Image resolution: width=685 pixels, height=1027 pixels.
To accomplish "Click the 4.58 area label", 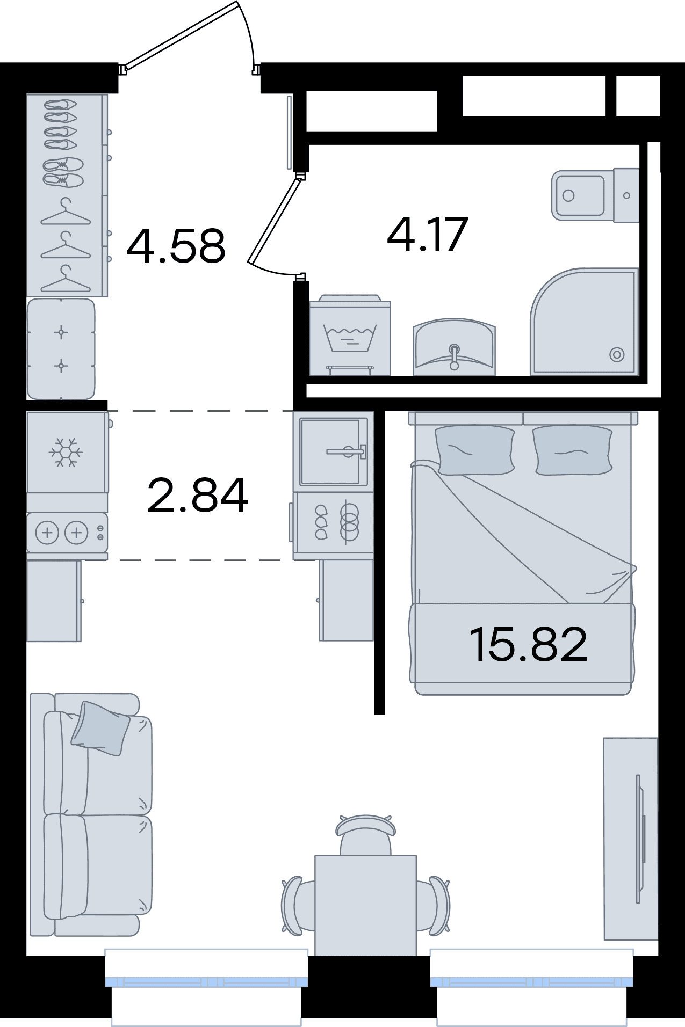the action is coord(176,246).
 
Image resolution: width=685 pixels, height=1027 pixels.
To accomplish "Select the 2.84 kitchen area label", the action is coord(198,494).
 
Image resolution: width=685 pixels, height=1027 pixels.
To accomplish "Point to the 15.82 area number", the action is coord(528,644).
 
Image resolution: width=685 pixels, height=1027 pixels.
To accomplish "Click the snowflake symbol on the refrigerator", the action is coord(66,451).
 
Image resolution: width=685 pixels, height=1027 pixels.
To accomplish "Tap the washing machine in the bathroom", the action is coord(350,334).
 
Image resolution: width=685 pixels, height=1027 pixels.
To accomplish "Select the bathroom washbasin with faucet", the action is coord(455,346).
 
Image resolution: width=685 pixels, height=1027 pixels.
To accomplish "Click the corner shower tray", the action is coord(585,322).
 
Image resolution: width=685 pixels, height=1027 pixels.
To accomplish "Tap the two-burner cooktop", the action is coord(67,533).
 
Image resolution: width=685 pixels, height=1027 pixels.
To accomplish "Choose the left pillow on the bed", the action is coord(474,449).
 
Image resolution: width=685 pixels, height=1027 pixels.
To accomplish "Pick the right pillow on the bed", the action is coord(573,449).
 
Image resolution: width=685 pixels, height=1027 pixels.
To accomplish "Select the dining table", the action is coord(365,905).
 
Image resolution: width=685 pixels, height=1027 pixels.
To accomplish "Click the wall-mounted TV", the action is coord(639,839).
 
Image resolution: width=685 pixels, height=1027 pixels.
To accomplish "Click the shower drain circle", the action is coord(617,354).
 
